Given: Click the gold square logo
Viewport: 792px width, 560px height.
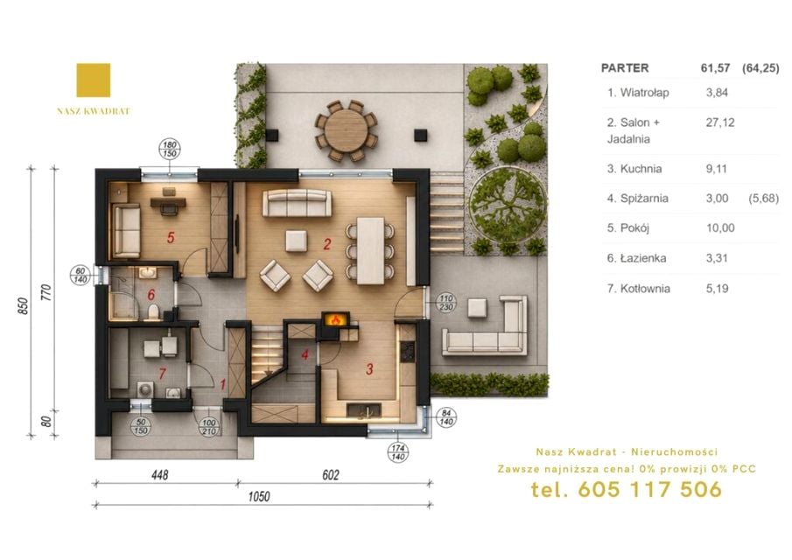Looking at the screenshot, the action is (94, 80).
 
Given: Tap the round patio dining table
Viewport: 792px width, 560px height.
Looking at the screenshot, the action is (347, 129).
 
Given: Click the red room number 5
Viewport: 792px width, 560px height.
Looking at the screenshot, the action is (171, 237).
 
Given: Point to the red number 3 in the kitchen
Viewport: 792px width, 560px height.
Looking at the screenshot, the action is (369, 369).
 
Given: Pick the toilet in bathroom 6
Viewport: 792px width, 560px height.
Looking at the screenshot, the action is (151, 311).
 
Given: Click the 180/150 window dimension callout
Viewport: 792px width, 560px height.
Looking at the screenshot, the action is (170, 149).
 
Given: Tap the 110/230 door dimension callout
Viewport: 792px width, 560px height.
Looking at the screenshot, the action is (445, 303).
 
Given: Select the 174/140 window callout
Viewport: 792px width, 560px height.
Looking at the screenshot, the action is (398, 452).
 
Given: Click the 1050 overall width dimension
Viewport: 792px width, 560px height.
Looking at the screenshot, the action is (259, 496).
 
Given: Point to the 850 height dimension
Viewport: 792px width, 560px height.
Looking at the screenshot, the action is (24, 306).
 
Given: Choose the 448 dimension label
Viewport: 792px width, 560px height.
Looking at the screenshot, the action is (160, 474).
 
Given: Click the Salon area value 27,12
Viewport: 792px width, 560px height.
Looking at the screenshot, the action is (719, 122).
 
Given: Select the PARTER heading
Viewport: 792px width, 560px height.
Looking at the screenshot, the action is (625, 68).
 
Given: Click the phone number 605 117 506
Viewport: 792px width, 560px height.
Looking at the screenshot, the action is (649, 489).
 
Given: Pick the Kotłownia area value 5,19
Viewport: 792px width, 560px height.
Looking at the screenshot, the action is (718, 289).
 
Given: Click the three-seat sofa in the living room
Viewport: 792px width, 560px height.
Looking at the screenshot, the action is (297, 203).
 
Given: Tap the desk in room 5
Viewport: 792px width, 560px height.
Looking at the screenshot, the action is (168, 202).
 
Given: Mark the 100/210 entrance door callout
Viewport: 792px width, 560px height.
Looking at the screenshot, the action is (209, 427).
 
